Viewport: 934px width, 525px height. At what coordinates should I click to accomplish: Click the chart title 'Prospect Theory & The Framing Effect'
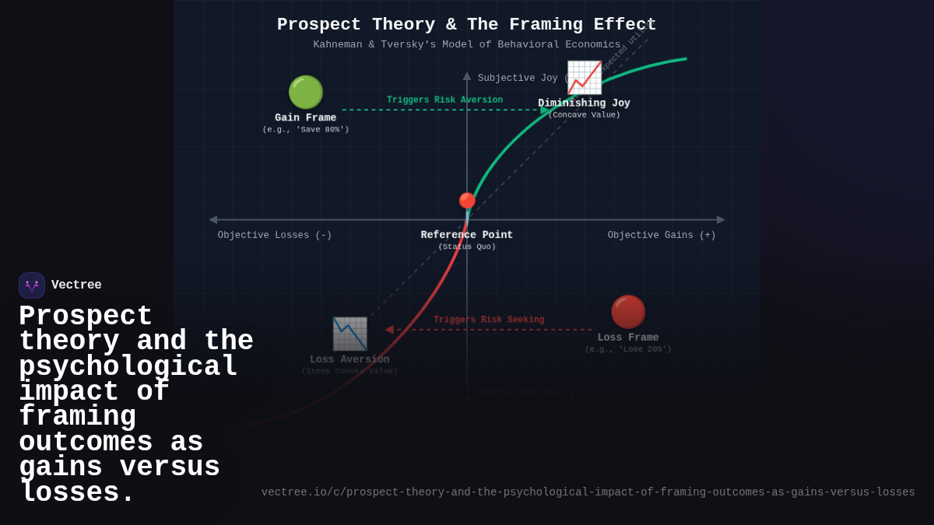tap(466, 25)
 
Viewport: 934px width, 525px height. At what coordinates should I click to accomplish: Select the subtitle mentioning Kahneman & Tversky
tap(466, 45)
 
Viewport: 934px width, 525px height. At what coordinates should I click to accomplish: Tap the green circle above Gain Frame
tap(306, 92)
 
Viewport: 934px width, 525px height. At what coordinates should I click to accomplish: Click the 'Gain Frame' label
tap(306, 118)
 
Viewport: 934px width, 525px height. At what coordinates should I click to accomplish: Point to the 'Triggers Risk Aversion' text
tap(444, 100)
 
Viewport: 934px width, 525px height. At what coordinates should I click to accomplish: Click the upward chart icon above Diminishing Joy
tap(584, 77)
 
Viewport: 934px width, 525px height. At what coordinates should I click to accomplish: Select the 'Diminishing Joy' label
tap(584, 103)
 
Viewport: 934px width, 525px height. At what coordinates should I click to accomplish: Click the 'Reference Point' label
tap(467, 235)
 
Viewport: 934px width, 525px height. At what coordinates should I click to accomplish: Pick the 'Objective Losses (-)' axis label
tap(275, 236)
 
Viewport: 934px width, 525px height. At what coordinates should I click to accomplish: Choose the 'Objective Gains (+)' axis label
tap(662, 236)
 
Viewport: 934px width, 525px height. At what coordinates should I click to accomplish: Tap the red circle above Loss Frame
tap(628, 311)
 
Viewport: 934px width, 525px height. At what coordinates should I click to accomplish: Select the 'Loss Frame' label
tap(628, 338)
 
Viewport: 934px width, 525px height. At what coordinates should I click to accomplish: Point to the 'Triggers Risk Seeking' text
tap(489, 320)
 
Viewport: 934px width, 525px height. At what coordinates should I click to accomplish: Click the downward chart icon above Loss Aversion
tap(349, 334)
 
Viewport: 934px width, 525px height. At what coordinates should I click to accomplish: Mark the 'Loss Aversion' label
tap(349, 359)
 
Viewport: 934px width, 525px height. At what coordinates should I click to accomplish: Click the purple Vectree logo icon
tap(32, 285)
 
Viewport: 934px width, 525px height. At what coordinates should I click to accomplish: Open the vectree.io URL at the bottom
tap(588, 492)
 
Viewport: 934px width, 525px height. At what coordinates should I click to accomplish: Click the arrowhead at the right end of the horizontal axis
tap(721, 220)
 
